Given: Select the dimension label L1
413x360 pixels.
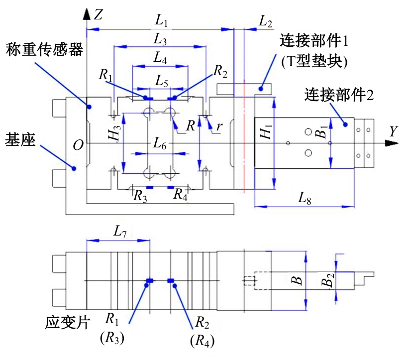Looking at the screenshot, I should point(161,21).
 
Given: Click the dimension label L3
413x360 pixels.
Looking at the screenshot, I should point(160,39).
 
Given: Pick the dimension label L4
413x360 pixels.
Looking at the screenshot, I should point(160,58).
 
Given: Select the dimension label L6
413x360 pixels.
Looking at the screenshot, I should point(159,145).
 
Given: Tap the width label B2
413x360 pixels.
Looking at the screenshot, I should point(327,282).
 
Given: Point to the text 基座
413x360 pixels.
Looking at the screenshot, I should point(19,136).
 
